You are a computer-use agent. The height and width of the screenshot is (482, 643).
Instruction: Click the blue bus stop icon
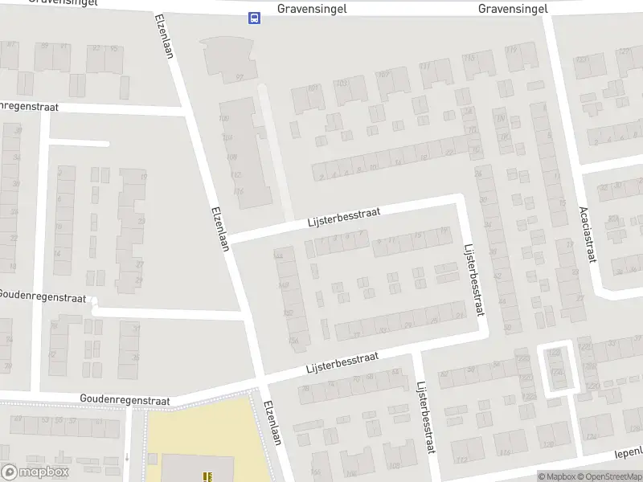254,18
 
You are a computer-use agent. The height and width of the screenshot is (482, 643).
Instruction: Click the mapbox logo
35,472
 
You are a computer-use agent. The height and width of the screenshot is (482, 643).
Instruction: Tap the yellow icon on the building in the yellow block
208,476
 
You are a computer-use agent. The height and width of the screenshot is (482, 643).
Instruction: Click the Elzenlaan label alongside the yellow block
273,423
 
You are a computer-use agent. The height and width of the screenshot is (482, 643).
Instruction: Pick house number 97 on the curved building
239,77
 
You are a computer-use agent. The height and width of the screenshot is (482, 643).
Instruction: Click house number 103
341,83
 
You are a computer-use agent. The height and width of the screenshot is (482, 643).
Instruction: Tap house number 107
383,76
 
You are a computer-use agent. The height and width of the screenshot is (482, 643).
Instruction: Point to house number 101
313,88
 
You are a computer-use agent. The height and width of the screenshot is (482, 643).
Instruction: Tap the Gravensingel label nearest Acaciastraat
513,8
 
